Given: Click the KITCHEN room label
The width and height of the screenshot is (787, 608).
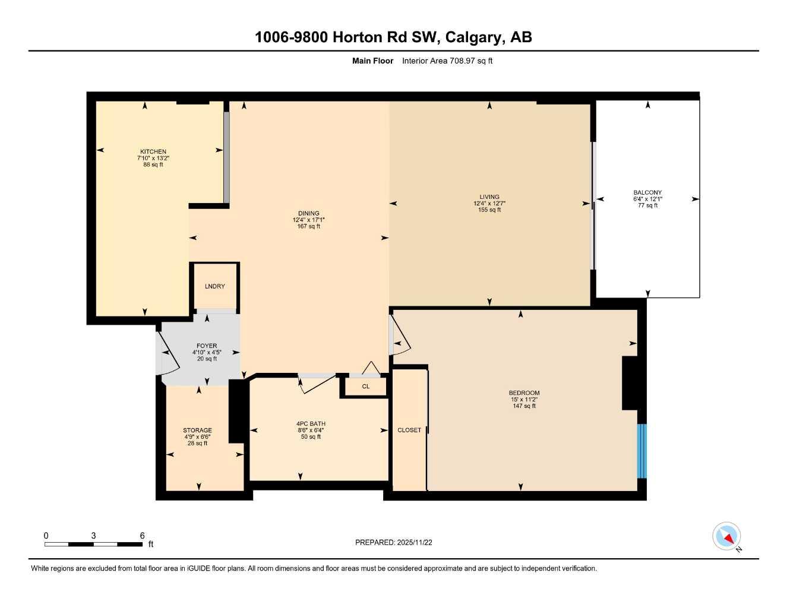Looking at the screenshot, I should (153, 151).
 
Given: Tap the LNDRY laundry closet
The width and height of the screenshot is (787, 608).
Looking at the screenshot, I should (215, 286).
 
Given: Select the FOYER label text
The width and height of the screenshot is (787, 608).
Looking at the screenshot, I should (207, 346).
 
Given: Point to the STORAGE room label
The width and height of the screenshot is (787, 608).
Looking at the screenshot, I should (197, 430).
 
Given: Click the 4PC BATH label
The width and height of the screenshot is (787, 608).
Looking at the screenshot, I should (311, 424).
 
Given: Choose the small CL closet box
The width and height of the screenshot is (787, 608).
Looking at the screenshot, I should (365, 387).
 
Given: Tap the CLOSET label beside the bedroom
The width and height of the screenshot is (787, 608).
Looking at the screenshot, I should (409, 430).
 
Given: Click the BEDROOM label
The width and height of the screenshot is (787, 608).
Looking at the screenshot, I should (524, 393).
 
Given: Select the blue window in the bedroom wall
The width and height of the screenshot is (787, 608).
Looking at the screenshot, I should (641, 451).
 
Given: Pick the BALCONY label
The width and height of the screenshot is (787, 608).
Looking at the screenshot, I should (647, 192).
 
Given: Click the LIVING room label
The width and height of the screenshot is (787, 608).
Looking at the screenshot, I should (489, 197).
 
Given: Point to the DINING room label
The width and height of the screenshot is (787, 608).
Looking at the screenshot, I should (308, 213).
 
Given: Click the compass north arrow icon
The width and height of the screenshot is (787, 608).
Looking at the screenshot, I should (726, 537).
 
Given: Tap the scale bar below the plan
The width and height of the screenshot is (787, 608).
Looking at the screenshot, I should (93, 544).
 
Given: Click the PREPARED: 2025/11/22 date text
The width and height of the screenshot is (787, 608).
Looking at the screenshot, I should (394, 542).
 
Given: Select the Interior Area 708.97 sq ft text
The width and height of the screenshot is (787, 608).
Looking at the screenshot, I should (447, 61).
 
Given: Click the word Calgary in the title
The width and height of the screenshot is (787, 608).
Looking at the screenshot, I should (473, 37).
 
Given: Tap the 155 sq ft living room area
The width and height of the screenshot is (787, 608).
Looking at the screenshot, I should (489, 210).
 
